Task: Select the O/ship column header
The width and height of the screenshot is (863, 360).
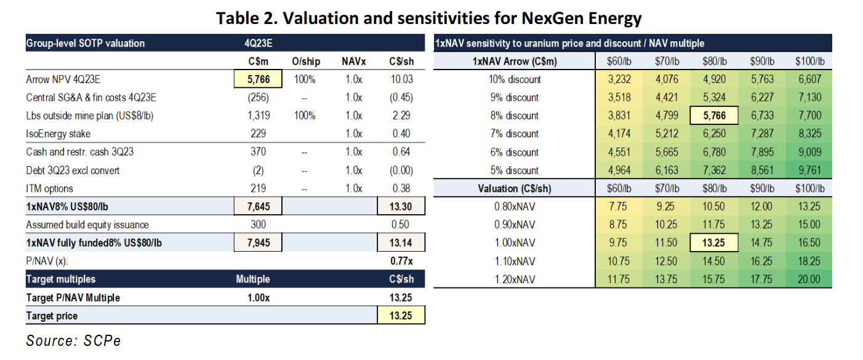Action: [306, 61]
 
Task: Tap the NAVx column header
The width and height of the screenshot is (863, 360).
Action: [354, 61]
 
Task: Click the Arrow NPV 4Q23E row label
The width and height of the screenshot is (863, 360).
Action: [63, 79]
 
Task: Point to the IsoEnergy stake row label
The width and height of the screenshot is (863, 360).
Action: [58, 134]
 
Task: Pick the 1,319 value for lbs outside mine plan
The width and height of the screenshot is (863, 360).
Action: [259, 116]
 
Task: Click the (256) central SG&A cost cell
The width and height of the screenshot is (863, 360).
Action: [258, 97]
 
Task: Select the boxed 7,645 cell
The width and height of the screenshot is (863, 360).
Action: [258, 206]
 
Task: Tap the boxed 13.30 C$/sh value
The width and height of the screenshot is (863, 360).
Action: [401, 206]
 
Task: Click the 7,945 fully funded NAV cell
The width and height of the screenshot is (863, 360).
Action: [258, 242]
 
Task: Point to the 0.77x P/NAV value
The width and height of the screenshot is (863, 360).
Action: [401, 261]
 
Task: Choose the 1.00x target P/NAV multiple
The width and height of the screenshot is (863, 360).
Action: [259, 298]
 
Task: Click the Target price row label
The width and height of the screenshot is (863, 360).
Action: [52, 316]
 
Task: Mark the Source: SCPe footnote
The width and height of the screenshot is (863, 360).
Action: [73, 341]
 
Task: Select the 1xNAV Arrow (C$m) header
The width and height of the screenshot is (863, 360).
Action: [515, 61]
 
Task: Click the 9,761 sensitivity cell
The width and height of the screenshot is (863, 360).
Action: [810, 170]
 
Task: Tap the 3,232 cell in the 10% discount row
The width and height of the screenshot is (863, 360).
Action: [619, 79]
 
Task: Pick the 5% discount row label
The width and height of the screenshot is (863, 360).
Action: [515, 170]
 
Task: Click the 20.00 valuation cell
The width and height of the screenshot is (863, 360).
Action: [809, 279]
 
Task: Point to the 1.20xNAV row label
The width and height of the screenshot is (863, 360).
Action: [515, 279]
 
